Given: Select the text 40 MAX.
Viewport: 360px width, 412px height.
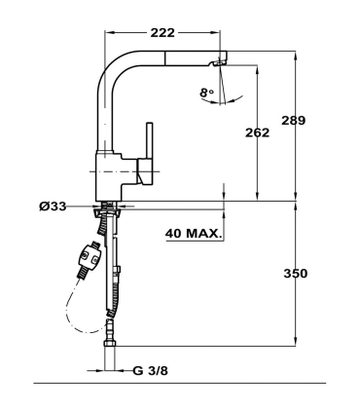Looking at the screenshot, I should pos(196,234).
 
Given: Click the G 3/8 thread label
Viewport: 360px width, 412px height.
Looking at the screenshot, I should pos(153,371).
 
